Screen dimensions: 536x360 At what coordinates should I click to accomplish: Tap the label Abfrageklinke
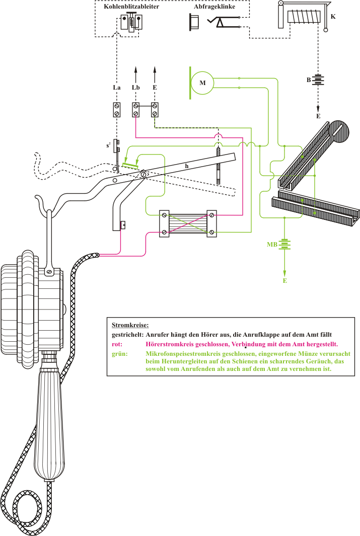[214, 8]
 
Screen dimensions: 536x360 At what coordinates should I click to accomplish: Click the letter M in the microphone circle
[203, 83]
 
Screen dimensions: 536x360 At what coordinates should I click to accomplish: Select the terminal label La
[116, 88]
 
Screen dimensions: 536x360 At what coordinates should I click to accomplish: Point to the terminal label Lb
[135, 88]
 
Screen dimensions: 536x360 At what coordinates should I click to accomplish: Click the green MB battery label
[272, 245]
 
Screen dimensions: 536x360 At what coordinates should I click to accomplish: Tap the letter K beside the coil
[333, 17]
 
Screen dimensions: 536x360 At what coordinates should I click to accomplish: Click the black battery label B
[308, 80]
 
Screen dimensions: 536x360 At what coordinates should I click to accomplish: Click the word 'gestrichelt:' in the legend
[127, 334]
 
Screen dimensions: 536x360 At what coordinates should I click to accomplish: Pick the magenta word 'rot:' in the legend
[117, 344]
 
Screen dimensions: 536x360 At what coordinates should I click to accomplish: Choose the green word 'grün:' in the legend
[119, 354]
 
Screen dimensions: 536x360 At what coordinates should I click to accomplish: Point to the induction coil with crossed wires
[188, 222]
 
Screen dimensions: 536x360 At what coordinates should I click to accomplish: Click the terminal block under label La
[117, 110]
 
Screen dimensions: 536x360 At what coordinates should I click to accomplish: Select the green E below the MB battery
[284, 280]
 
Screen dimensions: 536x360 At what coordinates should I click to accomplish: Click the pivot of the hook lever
[143, 174]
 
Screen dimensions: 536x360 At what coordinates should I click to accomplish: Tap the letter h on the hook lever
[186, 166]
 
